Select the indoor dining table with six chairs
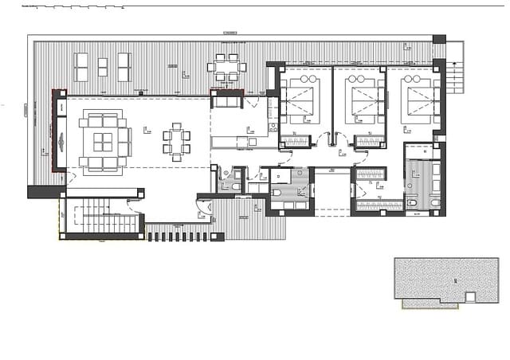pos(177,142)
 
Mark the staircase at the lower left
pos(99,217)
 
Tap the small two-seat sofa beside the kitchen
pos(227,100)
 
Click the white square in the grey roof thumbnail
pos(470,297)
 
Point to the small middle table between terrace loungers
pos(102,66)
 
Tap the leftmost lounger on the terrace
pos(81,66)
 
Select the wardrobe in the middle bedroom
pos(369,143)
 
